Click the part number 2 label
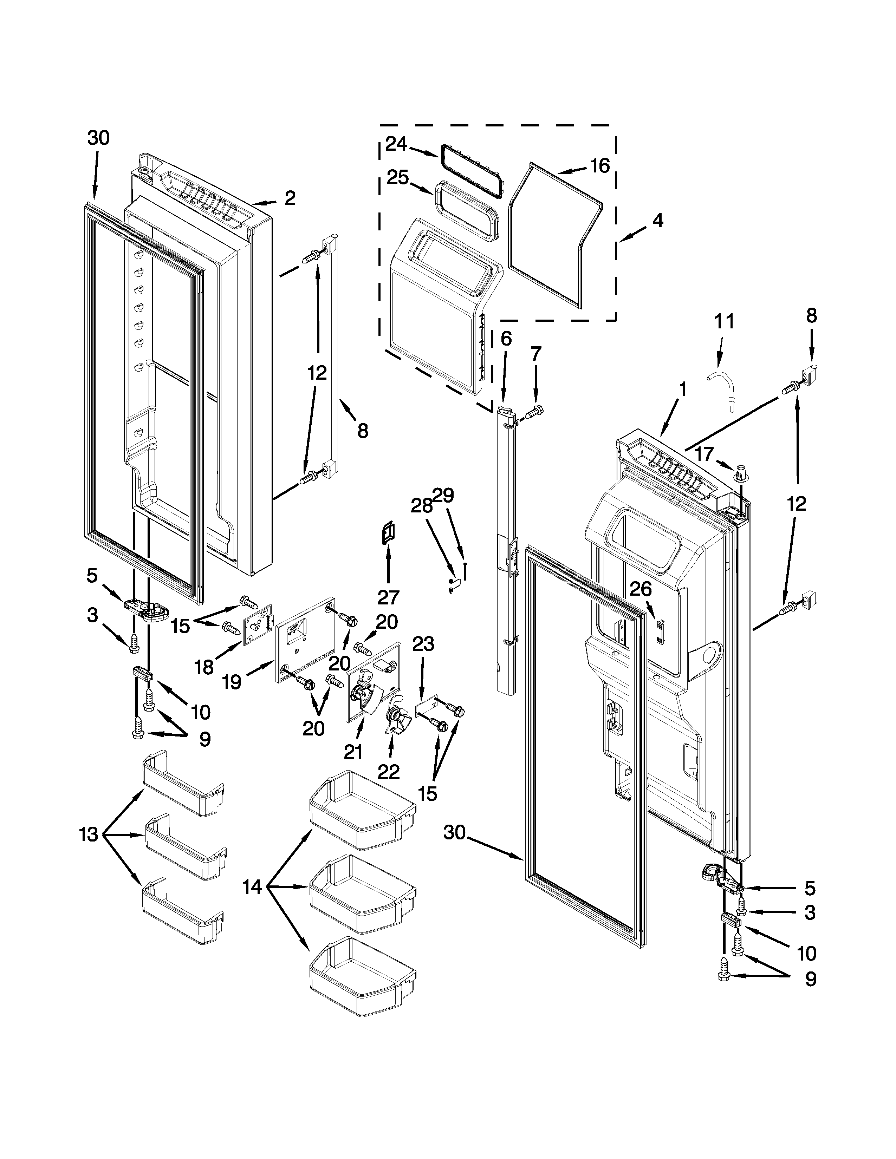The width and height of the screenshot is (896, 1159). coord(290,199)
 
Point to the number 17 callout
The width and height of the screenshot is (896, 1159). coord(705,454)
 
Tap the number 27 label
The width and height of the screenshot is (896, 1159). coord(388,597)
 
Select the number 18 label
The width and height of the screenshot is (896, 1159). coord(204,667)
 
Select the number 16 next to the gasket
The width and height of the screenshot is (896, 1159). coord(600,166)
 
